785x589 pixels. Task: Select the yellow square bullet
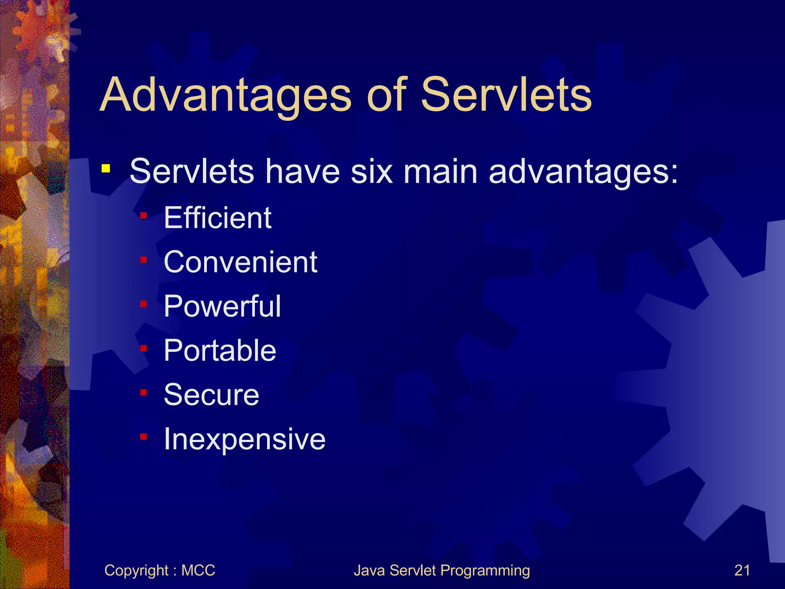[x=106, y=168]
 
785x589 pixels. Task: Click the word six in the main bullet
[x=372, y=171]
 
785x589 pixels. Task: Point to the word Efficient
[x=217, y=218]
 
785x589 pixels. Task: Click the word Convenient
[x=240, y=262]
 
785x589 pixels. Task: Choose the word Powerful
[x=222, y=306]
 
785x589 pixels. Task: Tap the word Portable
[x=220, y=350]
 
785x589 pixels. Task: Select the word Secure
[x=211, y=395]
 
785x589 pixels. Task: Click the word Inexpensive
[x=245, y=439]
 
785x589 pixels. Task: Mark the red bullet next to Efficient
[x=144, y=216]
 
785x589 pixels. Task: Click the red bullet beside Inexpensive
[x=144, y=437]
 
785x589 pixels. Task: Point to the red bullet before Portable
[x=144, y=348]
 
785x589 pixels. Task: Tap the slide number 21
[x=742, y=571]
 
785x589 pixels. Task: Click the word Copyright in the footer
[x=136, y=571]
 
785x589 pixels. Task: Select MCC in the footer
[x=198, y=571]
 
